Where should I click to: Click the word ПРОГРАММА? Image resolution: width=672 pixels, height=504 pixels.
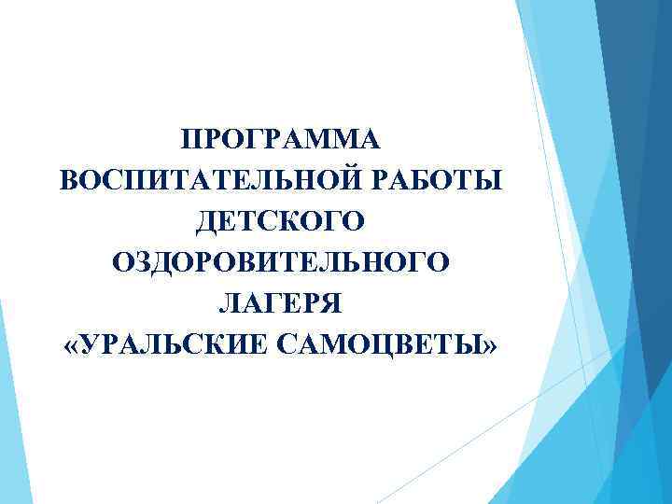(x=280, y=140)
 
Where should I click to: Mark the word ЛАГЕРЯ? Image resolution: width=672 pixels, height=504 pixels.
(x=280, y=304)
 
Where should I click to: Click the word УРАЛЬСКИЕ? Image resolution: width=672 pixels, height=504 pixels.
(x=176, y=345)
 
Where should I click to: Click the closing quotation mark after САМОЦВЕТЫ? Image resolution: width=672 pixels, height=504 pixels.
(x=491, y=346)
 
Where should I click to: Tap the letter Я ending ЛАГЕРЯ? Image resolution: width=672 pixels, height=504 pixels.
(x=333, y=304)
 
